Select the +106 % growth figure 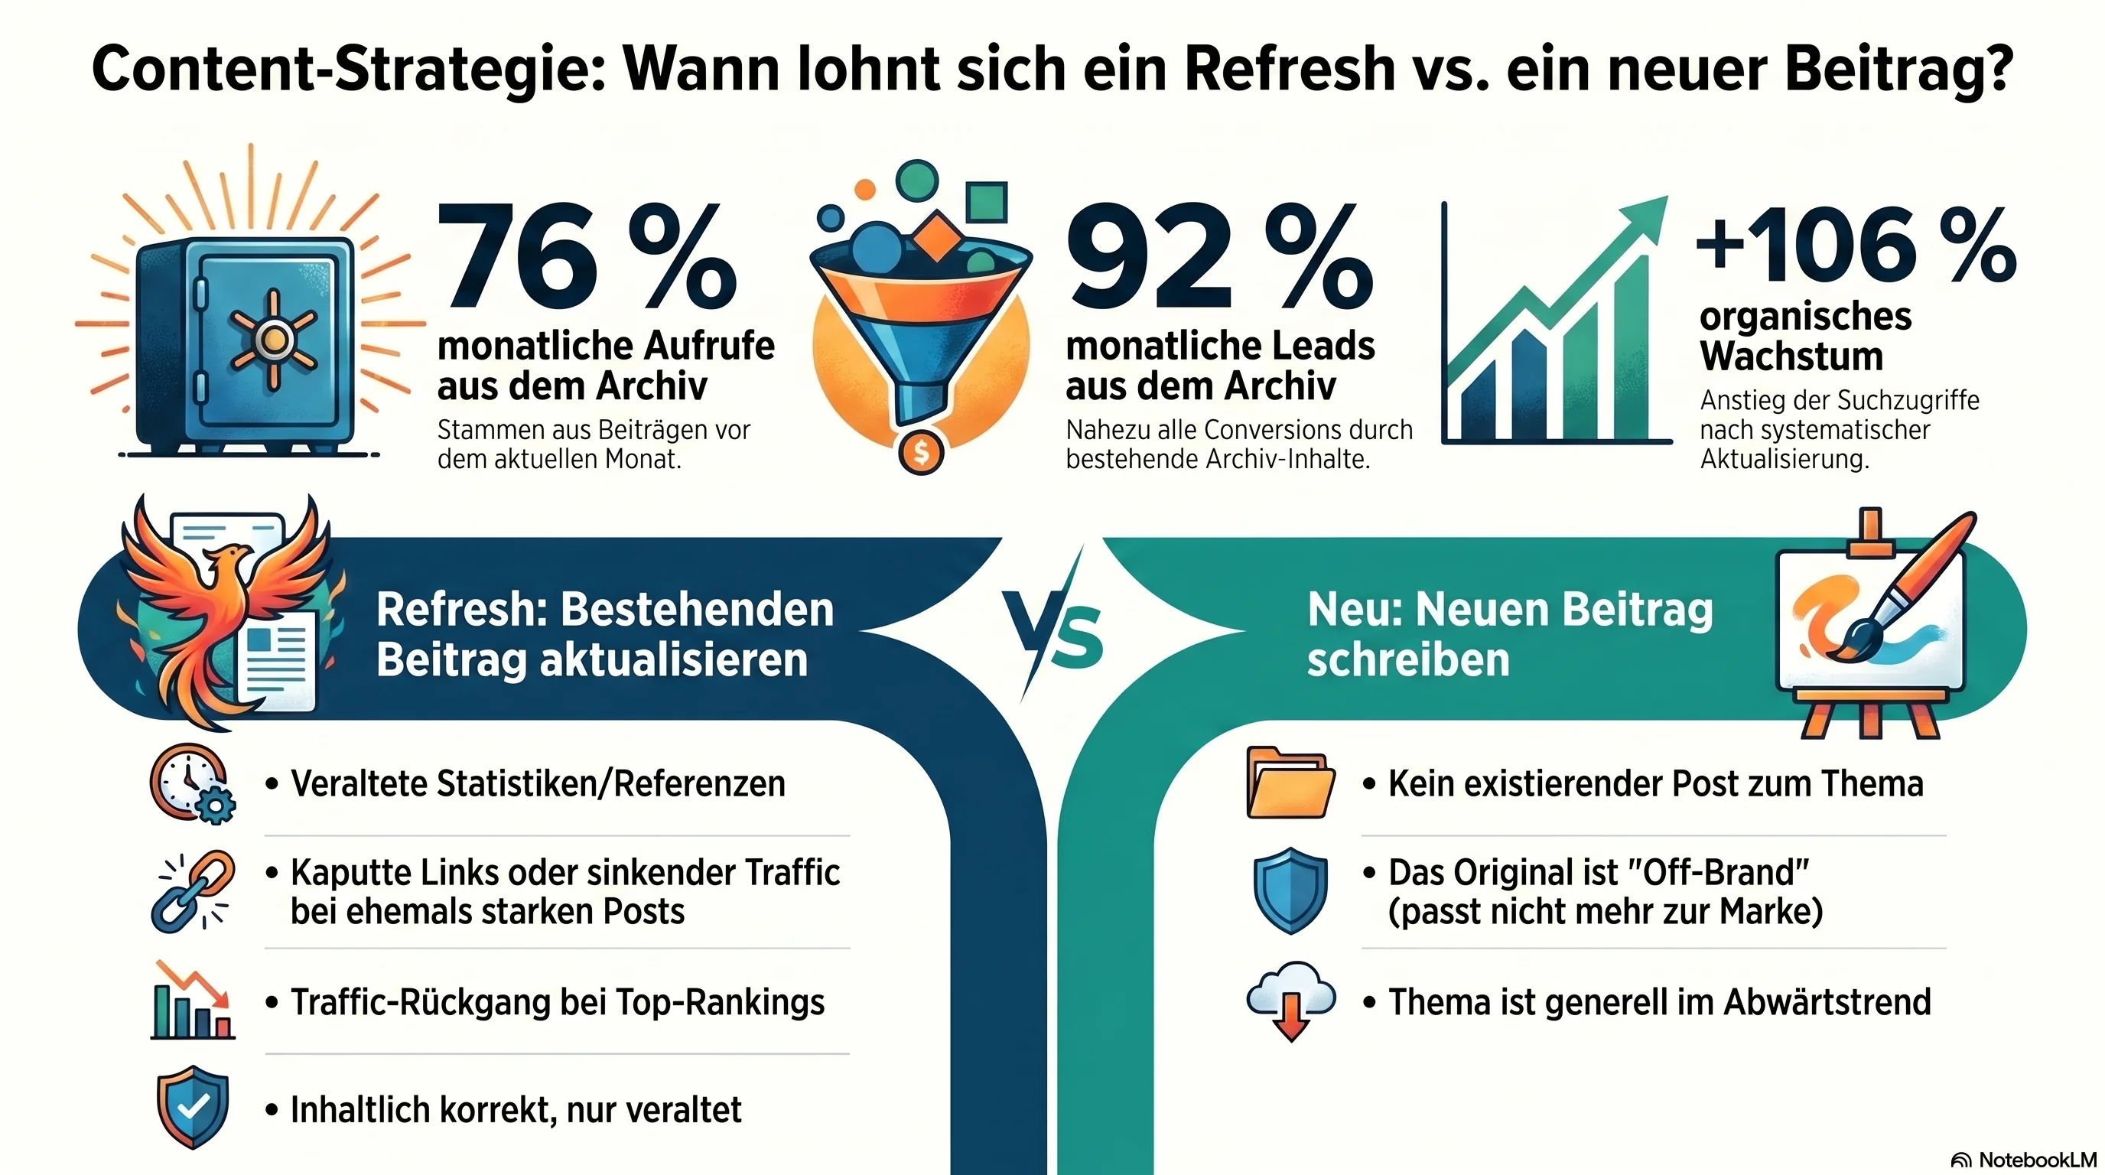[1855, 245]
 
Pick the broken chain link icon [193, 890]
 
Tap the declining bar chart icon [193, 1001]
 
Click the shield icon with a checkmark [193, 1107]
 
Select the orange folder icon [1290, 782]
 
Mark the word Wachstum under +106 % [1791, 356]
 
